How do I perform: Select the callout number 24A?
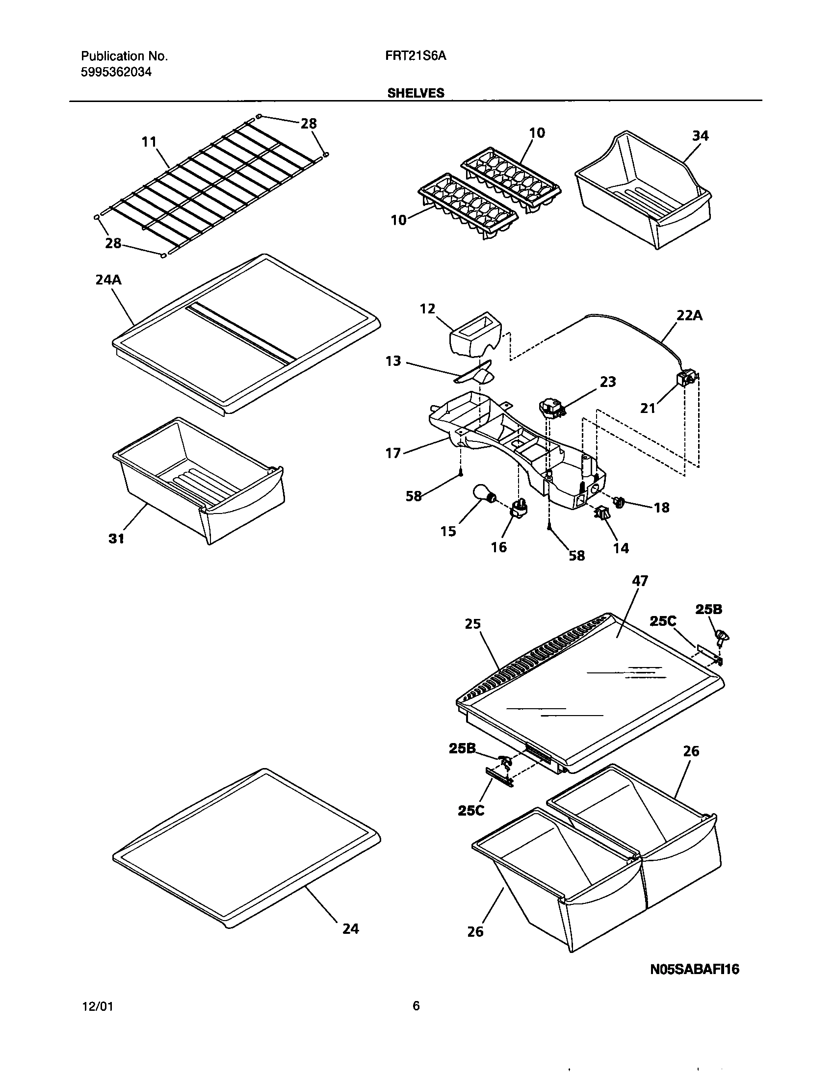click(108, 280)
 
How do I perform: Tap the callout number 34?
click(700, 135)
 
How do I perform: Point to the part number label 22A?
click(689, 315)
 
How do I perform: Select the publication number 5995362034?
click(116, 72)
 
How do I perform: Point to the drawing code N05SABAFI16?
click(694, 970)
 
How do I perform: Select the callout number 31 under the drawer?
click(116, 539)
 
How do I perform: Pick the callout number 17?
click(393, 453)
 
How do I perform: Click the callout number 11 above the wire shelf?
click(149, 142)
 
